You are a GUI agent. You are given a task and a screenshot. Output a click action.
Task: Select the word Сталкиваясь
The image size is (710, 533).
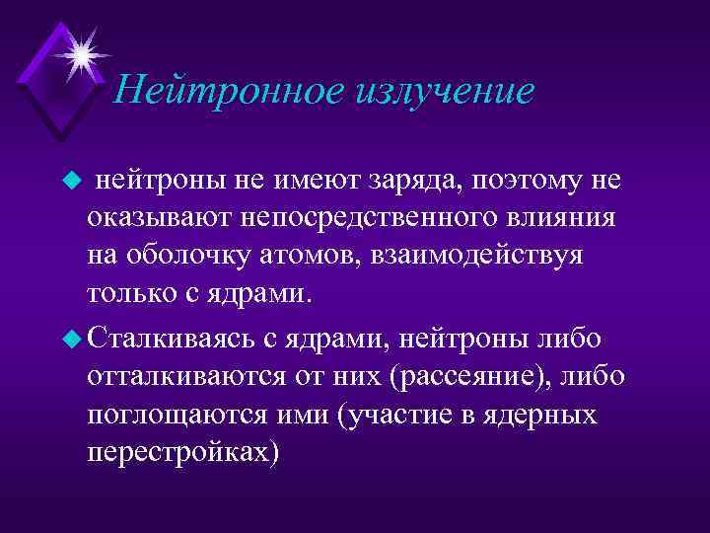pos(173,338)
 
